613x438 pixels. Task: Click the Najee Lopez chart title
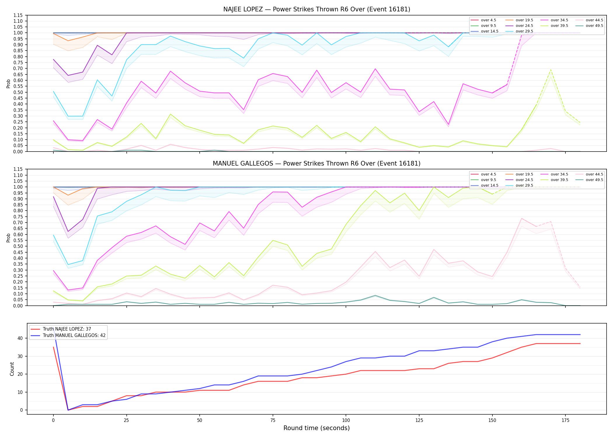click(x=317, y=9)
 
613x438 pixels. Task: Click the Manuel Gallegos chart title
click(x=317, y=164)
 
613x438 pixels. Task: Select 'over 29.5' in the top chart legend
click(x=524, y=31)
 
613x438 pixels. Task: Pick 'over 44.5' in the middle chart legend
click(x=594, y=174)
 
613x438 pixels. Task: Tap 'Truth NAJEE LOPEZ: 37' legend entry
click(x=67, y=329)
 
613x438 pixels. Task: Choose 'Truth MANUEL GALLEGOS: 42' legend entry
click(x=74, y=336)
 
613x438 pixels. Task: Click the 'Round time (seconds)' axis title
click(x=316, y=428)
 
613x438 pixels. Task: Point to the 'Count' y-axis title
click(x=12, y=369)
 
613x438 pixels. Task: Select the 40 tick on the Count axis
click(x=20, y=338)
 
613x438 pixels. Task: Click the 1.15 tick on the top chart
click(x=18, y=15)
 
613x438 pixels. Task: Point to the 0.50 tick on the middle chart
click(x=18, y=246)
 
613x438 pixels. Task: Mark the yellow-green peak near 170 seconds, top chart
click(x=551, y=70)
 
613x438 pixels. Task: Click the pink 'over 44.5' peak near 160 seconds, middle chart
click(x=521, y=218)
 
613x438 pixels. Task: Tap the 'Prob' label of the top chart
click(x=8, y=84)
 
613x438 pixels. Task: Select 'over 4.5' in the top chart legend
click(x=488, y=20)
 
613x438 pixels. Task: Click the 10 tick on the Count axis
click(x=20, y=392)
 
